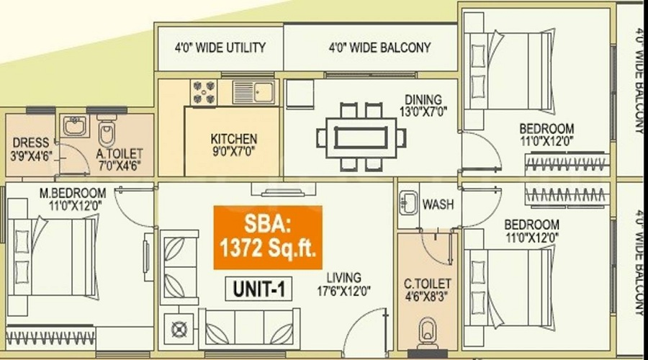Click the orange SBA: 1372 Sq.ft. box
click(x=268, y=238)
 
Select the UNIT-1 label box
click(x=258, y=289)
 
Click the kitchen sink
click(x=254, y=91)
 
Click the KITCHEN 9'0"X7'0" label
click(x=234, y=145)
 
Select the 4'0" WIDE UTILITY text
click(x=220, y=48)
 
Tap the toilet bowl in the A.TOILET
click(x=107, y=131)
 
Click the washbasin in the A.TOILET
click(x=75, y=126)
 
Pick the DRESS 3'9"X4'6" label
click(x=31, y=150)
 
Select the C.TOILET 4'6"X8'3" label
click(x=427, y=290)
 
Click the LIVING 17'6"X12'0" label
click(x=343, y=284)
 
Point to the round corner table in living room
click(x=179, y=330)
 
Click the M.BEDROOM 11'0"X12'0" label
click(x=73, y=199)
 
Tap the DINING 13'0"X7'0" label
click(x=423, y=105)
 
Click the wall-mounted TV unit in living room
click(x=284, y=190)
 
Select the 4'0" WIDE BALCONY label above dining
click(x=379, y=48)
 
